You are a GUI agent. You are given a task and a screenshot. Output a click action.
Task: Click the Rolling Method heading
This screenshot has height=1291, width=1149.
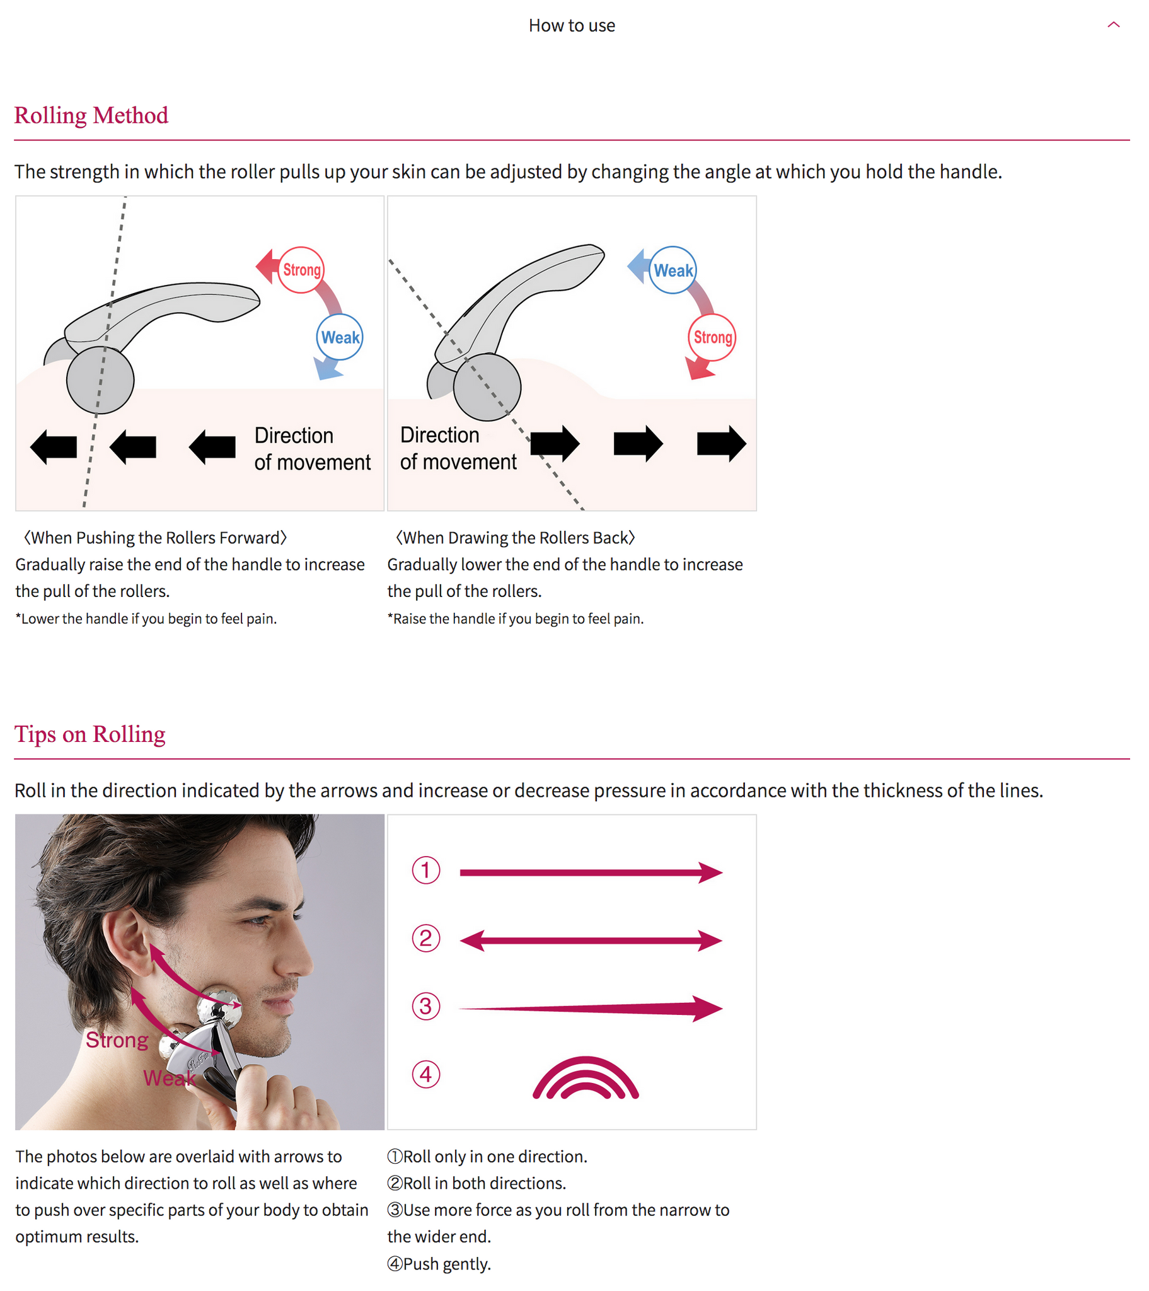tap(91, 115)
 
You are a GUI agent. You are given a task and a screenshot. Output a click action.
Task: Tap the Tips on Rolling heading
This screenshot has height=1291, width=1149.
tap(89, 734)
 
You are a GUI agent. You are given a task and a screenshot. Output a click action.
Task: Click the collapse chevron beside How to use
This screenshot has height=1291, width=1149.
tap(1114, 25)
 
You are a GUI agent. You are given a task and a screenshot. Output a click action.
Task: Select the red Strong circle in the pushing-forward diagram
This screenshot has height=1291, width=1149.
tap(301, 270)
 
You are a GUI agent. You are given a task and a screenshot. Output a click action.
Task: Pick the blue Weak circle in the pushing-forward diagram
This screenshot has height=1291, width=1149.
tap(340, 337)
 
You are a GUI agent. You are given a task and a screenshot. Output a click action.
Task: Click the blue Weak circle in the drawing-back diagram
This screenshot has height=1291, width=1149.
tap(673, 270)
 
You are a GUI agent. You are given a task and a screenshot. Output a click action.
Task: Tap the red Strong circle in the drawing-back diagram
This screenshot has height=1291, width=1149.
tap(712, 337)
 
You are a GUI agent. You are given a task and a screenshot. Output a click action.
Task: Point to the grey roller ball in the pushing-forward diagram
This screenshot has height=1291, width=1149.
tap(100, 380)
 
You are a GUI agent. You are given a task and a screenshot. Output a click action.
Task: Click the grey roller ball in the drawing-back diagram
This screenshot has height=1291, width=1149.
tap(487, 387)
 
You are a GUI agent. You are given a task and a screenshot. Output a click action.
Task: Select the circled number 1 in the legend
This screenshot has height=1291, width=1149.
tap(426, 871)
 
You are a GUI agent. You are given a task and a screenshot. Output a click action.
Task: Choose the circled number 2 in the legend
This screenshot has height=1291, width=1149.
tap(426, 939)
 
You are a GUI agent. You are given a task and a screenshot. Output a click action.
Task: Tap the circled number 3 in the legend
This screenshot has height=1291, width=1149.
tap(426, 1007)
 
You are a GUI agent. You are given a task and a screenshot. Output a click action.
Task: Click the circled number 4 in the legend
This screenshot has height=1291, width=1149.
tap(426, 1075)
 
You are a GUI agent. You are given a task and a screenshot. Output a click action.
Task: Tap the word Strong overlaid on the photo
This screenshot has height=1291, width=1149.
tap(117, 1040)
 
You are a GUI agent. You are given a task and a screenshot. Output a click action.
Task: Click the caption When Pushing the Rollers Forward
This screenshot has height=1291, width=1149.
tap(156, 538)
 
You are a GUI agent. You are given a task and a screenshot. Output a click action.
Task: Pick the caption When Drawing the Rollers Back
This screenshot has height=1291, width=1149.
tap(516, 538)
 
